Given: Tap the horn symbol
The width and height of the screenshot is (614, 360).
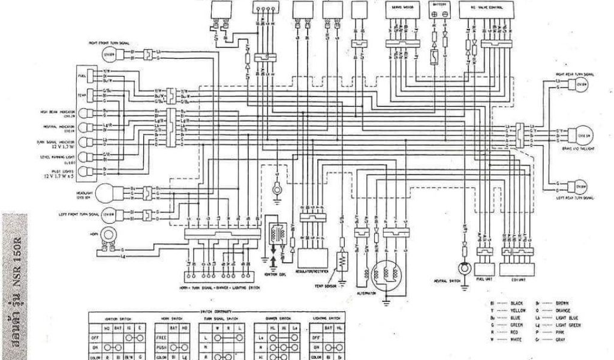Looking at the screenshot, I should pyautogui.click(x=109, y=237).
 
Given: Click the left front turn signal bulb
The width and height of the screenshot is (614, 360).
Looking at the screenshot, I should pyautogui.click(x=109, y=214).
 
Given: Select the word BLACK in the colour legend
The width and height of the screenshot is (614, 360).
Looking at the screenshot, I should pyautogui.click(x=516, y=304).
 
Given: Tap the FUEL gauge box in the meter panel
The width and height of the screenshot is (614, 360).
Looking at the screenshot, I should pyautogui.click(x=92, y=75).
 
